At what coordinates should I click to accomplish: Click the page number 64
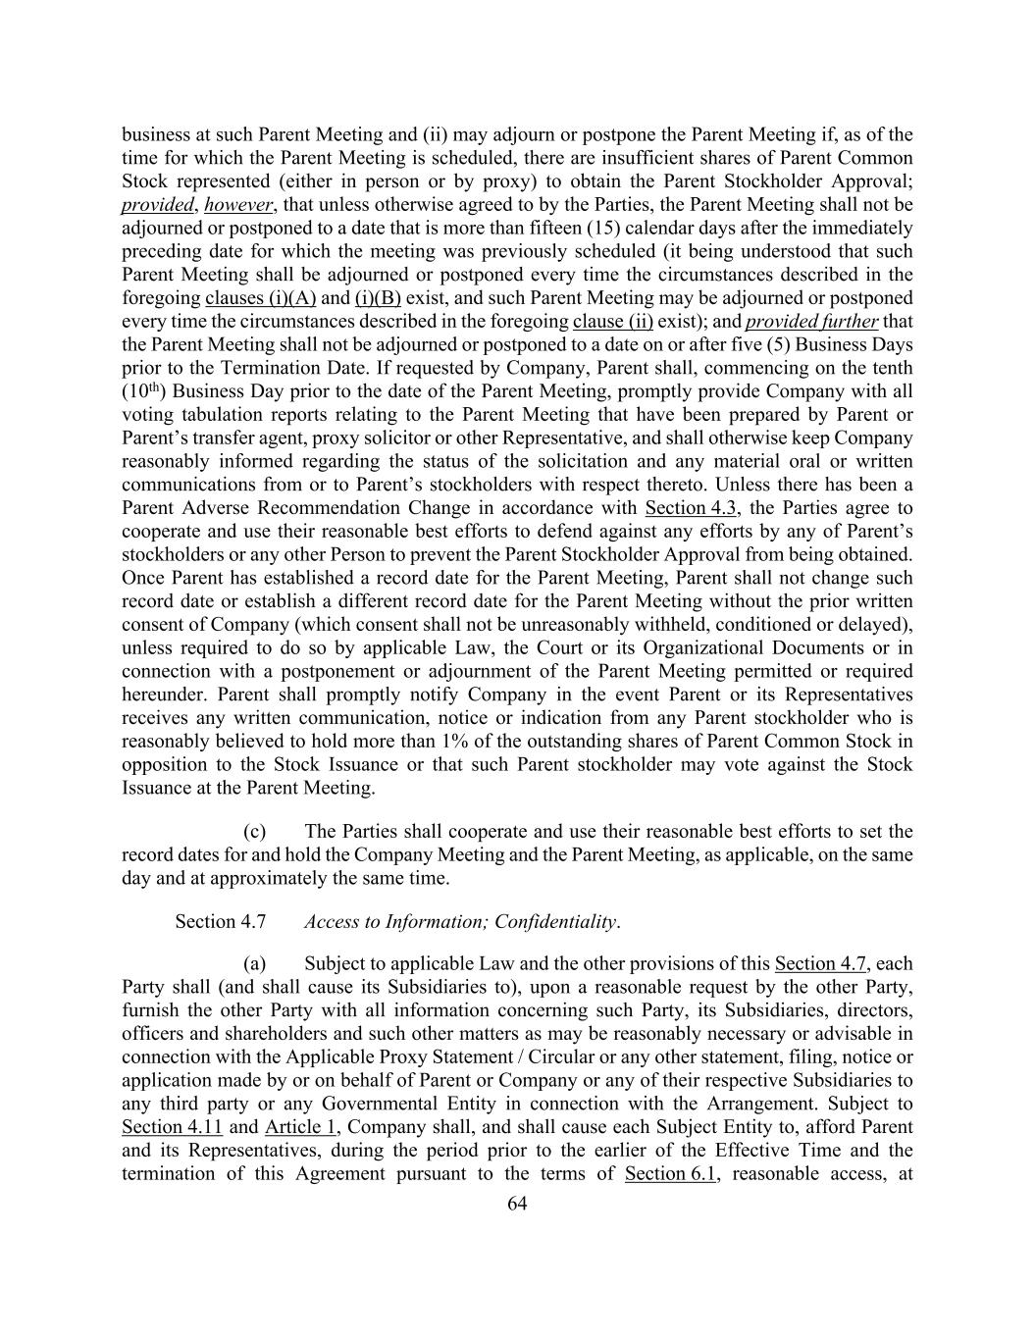(x=517, y=1205)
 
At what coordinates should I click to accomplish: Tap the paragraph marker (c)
(x=254, y=832)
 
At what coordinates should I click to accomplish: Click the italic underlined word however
(x=238, y=205)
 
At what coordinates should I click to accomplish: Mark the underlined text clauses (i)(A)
(x=260, y=298)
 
